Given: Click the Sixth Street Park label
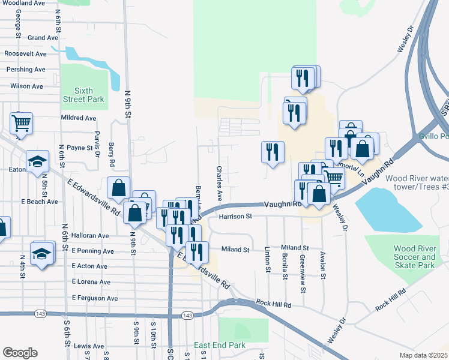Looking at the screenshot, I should click(85, 95).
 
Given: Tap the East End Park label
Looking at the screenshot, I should click(220, 346).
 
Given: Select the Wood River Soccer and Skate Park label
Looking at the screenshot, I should click(414, 257).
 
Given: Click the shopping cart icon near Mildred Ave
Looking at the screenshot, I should click(21, 124).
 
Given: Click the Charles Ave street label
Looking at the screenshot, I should click(220, 184).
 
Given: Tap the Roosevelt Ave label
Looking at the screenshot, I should click(25, 54).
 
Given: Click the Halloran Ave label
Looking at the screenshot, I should click(89, 236).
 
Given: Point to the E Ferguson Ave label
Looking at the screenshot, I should click(95, 298).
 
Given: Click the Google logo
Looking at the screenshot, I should click(20, 353).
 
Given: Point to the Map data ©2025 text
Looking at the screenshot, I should click(423, 355).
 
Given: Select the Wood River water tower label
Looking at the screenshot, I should click(417, 182).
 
